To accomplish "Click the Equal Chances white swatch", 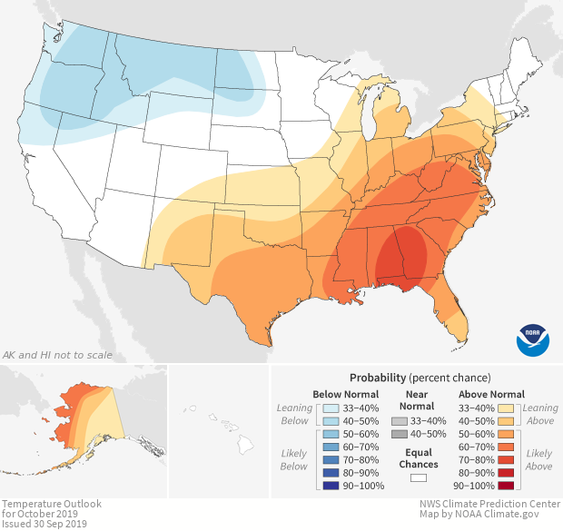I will pos(419,475).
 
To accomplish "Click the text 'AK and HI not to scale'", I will pos(52,355).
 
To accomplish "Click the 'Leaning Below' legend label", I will pos(294,414).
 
